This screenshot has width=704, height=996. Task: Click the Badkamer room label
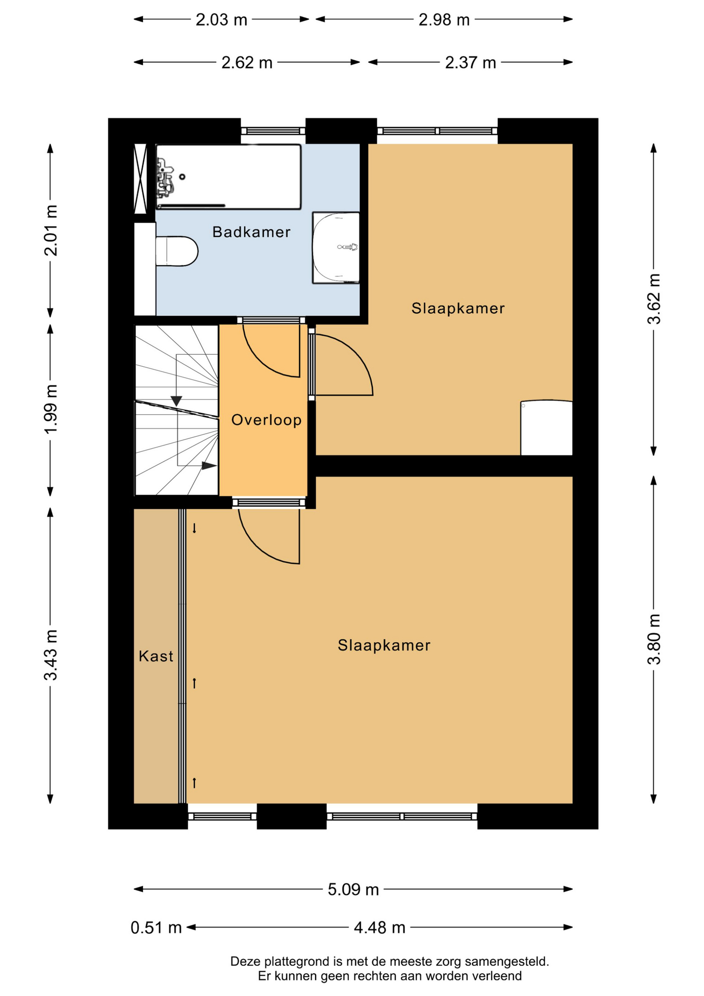251,232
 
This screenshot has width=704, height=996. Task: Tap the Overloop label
266,420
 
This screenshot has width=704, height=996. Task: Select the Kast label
156,656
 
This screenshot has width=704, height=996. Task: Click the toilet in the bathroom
177,251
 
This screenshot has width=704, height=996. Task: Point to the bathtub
229,177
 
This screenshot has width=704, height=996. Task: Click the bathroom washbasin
336,247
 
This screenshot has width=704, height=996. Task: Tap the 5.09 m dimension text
353,890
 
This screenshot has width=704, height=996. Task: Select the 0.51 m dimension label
156,928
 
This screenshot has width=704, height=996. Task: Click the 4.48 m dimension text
379,928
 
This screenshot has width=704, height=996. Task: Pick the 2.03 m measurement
221,20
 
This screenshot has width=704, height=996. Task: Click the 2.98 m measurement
444,20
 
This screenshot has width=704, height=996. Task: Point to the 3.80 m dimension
654,639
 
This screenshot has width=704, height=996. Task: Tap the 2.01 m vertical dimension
51,230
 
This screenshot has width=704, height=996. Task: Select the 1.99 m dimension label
51,410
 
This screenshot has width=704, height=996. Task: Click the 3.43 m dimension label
51,655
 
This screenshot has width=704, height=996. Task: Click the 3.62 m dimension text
654,299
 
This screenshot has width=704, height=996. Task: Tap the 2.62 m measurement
247,63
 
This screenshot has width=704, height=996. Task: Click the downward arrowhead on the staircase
176,401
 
